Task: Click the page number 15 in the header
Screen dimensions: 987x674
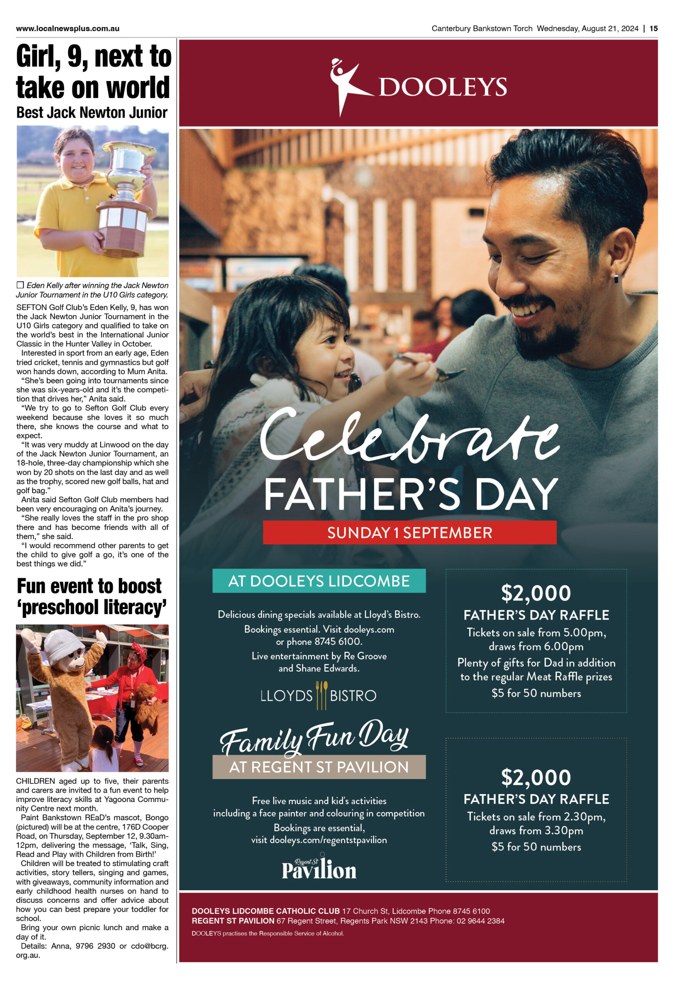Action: click(x=653, y=29)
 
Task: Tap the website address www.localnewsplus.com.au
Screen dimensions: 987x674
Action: click(x=67, y=29)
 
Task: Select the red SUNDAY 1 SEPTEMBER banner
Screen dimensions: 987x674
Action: click(x=409, y=532)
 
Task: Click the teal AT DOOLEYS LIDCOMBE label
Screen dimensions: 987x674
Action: click(x=318, y=581)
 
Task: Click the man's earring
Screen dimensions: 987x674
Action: click(x=616, y=279)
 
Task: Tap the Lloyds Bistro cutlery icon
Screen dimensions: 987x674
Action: click(x=322, y=695)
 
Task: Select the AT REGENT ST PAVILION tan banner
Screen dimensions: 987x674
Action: click(x=318, y=766)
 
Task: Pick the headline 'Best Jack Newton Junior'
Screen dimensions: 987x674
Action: click(x=92, y=113)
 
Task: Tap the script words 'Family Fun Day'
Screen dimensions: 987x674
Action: click(x=314, y=738)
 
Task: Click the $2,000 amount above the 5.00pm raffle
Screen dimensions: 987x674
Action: click(x=536, y=593)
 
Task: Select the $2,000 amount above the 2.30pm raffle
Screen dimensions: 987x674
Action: click(x=536, y=777)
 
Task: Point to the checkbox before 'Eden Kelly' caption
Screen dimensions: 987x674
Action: click(x=20, y=285)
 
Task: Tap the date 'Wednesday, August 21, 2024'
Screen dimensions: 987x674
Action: click(x=587, y=29)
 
